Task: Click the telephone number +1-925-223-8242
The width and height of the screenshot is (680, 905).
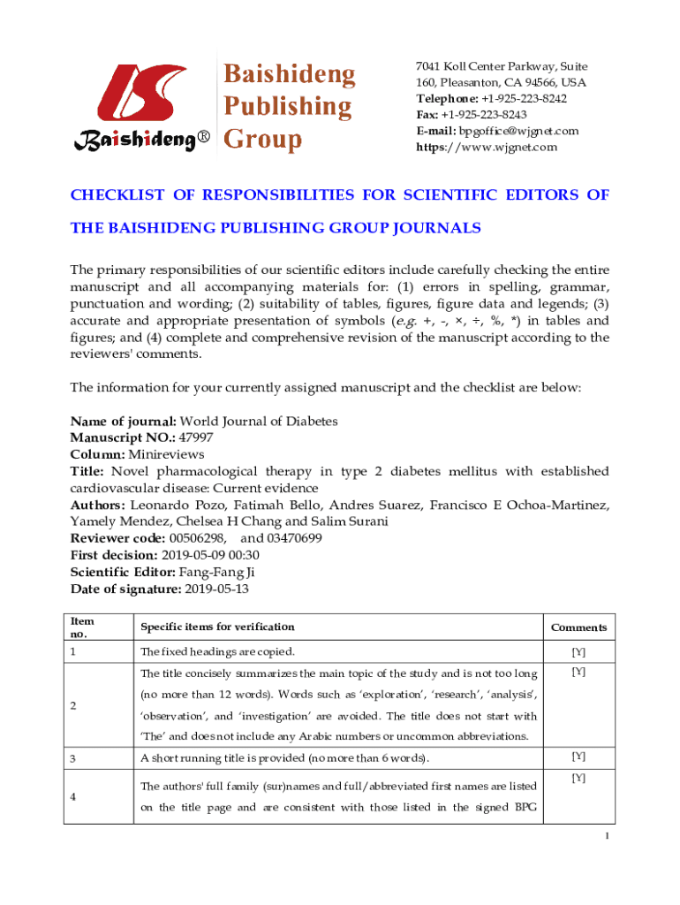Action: tap(523, 99)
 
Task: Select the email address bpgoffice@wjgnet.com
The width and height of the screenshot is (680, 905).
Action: tap(518, 131)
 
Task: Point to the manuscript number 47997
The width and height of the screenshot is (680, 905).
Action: tap(195, 437)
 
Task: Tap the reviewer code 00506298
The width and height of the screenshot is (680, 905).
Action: tap(196, 537)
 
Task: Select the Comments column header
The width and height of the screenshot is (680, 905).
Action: tap(578, 627)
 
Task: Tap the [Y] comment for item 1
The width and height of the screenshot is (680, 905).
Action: tap(578, 652)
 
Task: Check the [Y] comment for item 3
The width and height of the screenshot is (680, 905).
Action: tap(578, 757)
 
